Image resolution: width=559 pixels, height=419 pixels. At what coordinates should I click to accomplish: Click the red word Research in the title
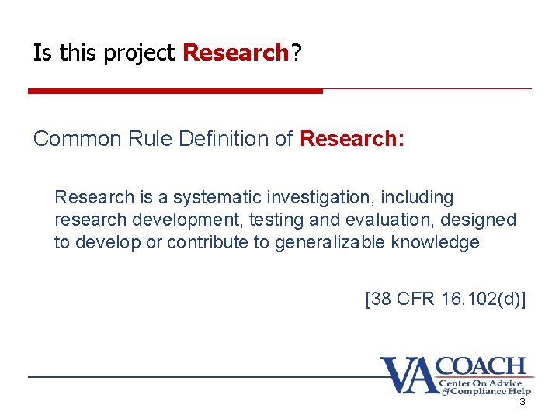[235, 54]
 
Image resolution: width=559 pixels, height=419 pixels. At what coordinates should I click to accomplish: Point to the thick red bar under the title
[175, 91]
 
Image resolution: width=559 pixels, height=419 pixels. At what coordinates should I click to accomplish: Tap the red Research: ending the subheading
[352, 139]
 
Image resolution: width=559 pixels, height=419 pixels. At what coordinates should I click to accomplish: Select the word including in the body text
[417, 198]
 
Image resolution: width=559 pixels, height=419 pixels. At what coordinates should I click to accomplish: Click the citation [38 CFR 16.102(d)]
[445, 299]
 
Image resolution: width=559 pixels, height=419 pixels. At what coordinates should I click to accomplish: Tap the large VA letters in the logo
[408, 375]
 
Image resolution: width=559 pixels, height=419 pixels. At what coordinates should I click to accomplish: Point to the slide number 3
[523, 402]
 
